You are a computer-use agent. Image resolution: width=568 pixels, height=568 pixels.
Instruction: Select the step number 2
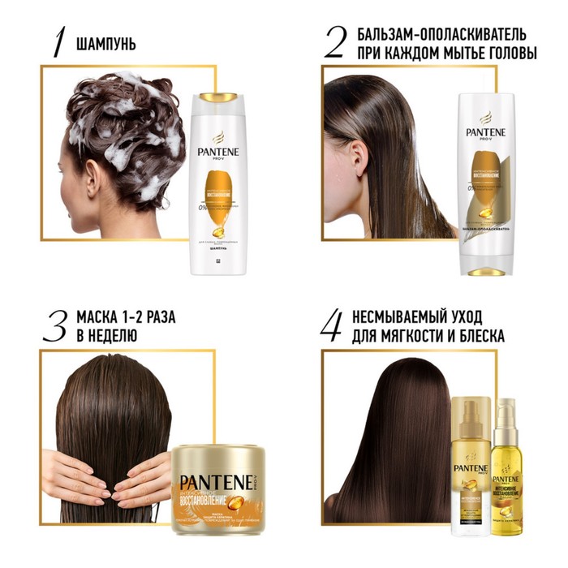334,42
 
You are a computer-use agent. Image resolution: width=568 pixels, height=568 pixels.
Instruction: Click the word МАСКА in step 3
98,316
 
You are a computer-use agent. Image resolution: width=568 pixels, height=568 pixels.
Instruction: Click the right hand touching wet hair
142,482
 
